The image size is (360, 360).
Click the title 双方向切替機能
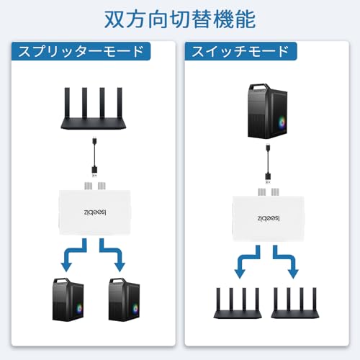click(x=180, y=17)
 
